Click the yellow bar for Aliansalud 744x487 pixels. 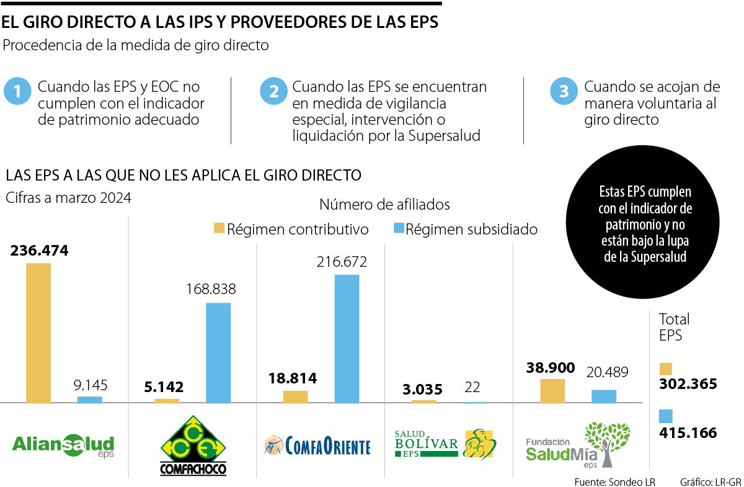coord(38,333)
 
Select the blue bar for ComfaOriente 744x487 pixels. coord(347,339)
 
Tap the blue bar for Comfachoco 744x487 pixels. coord(218,352)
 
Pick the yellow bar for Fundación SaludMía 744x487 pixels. coord(552,391)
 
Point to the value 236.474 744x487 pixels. coord(39,251)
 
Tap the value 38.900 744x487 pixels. coord(549,367)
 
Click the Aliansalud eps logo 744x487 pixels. coord(64,445)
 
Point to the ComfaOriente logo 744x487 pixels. coord(317,445)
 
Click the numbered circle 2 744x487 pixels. coord(273,91)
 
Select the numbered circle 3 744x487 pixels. coord(564,91)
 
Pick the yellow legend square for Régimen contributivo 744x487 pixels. coord(219,228)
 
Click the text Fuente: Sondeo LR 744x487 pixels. coord(614,481)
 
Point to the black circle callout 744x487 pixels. coord(645,224)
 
